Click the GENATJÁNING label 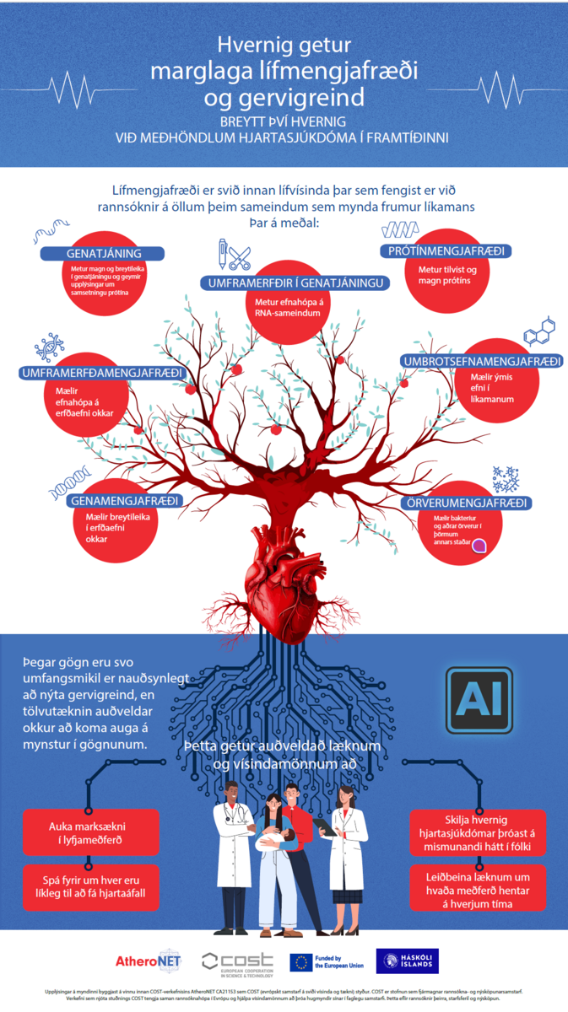tap(104, 254)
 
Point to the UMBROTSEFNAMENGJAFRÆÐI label tap(483, 362)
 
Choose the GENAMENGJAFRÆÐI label tap(124, 501)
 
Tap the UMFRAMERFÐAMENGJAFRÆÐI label tap(103, 373)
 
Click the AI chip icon tap(478, 699)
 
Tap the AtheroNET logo tap(149, 960)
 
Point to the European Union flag tap(300, 961)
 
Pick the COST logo tap(237, 961)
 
